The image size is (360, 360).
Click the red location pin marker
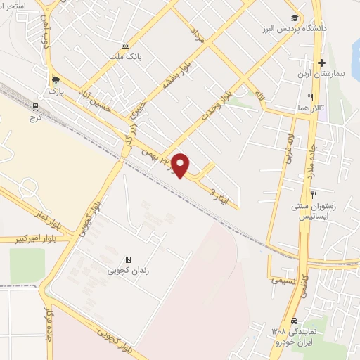[x=181, y=165]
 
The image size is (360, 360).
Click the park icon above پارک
[x=56, y=81]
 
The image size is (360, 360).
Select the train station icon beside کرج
[x=36, y=107]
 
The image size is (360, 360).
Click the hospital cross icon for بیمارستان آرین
[x=321, y=63]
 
